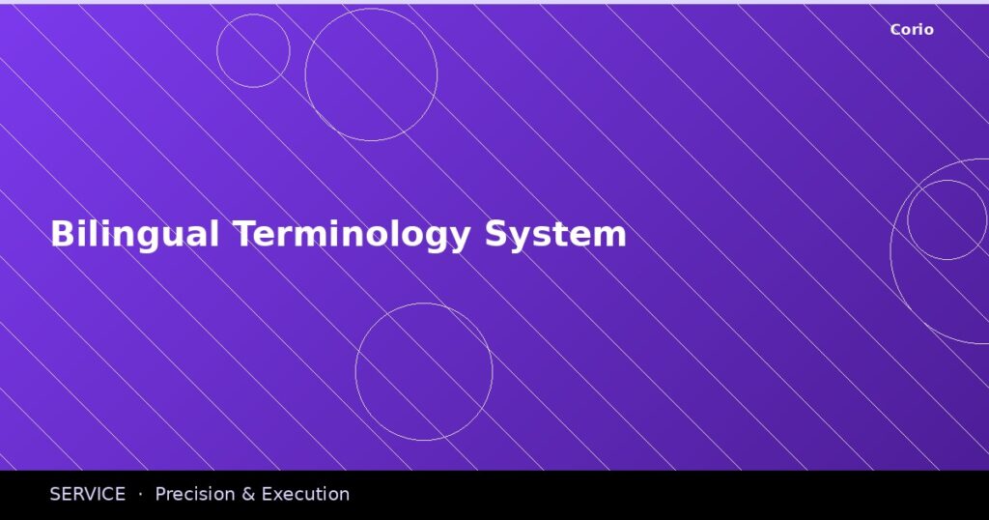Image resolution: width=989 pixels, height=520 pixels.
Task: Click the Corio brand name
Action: tap(912, 30)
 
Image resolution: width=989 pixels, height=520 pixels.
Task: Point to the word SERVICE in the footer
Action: tap(87, 494)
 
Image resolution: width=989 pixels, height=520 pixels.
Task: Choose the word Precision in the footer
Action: tap(194, 494)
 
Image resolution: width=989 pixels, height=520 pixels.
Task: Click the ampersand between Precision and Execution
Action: tap(247, 494)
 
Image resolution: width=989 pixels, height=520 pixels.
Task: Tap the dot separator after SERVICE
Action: tap(140, 494)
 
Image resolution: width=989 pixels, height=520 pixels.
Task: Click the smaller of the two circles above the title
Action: tap(253, 51)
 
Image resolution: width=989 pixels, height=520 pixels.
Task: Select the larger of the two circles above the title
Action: tap(371, 74)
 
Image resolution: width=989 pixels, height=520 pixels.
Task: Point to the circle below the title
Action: tap(424, 372)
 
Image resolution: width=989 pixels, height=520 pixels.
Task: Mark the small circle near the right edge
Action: tap(947, 219)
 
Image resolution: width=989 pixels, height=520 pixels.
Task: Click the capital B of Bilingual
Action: tap(61, 235)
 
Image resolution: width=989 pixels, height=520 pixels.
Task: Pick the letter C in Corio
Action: tap(895, 30)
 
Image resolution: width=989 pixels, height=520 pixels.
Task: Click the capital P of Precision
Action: tap(160, 494)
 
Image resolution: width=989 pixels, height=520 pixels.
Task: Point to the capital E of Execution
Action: tap(267, 494)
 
